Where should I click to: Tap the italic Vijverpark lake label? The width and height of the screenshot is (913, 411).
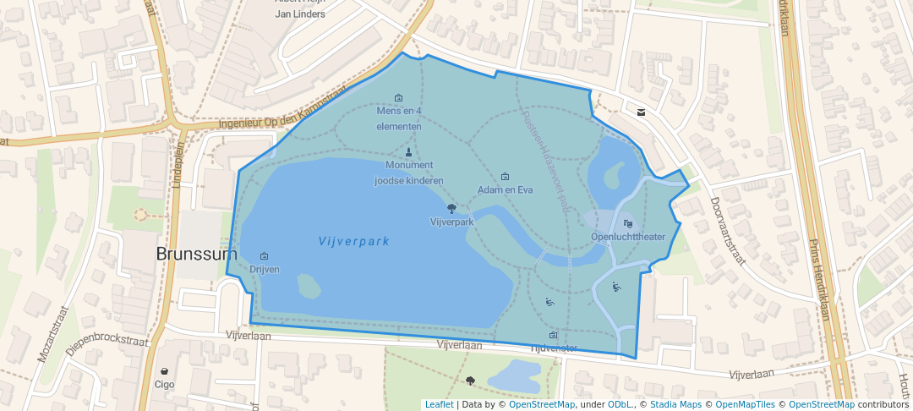pyautogui.click(x=354, y=241)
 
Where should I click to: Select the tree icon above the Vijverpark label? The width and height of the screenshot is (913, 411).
pyautogui.click(x=451, y=208)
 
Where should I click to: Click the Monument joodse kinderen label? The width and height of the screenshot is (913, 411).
pyautogui.click(x=409, y=173)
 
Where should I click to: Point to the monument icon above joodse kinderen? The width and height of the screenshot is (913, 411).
pyautogui.click(x=409, y=152)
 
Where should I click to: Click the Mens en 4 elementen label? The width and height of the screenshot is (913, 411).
pyautogui.click(x=399, y=118)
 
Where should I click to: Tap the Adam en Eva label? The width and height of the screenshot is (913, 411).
pyautogui.click(x=505, y=190)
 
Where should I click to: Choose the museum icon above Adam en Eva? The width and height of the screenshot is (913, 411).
pyautogui.click(x=506, y=177)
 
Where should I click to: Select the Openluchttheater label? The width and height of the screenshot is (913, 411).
pyautogui.click(x=628, y=237)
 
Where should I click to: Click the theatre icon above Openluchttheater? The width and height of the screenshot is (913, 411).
pyautogui.click(x=627, y=223)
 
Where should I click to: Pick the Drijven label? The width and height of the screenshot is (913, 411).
pyautogui.click(x=265, y=269)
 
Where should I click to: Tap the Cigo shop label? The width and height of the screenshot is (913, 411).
pyautogui.click(x=164, y=384)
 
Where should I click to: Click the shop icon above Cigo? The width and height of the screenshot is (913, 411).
pyautogui.click(x=164, y=371)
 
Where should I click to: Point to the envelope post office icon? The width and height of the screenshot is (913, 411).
pyautogui.click(x=642, y=112)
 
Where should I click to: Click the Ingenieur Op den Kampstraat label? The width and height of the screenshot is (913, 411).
pyautogui.click(x=284, y=119)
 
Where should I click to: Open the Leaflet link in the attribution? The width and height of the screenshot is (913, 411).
pyautogui.click(x=439, y=404)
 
